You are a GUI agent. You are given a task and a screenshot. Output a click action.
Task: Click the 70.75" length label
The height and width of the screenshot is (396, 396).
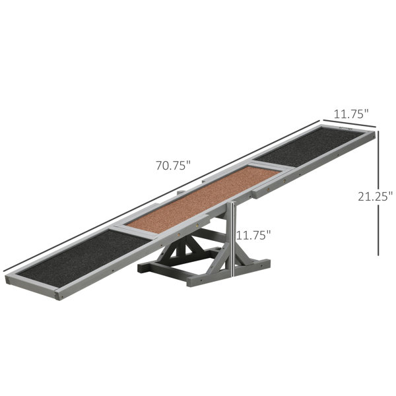pos(173,166)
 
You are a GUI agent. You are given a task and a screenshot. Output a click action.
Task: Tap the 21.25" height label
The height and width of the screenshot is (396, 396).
pos(376,196)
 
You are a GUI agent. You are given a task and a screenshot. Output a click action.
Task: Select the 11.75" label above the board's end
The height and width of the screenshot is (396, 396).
pos(351,114)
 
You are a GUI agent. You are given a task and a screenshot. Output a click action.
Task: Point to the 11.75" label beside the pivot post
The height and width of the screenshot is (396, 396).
pos(253,235)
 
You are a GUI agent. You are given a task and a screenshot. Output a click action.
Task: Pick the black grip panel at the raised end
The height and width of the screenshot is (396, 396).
pos(310,147)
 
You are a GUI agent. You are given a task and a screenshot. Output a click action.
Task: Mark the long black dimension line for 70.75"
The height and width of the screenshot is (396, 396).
pos(162,196)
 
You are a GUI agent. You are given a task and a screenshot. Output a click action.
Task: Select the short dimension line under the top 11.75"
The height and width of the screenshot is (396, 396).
pos(350,123)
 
